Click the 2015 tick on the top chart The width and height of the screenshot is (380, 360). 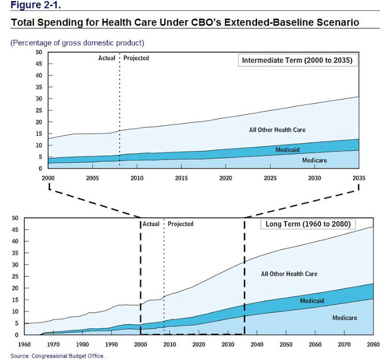[x=181, y=178]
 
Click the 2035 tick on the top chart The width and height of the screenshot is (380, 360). [x=359, y=178]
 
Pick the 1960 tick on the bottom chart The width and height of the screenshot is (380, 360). [x=26, y=344]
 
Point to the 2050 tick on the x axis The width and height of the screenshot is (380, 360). [x=286, y=344]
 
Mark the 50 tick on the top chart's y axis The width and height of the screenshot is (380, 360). [x=39, y=52]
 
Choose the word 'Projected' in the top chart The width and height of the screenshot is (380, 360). [x=137, y=58]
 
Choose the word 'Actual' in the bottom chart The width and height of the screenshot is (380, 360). [x=151, y=224]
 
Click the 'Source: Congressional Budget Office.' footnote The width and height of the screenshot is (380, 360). [x=58, y=355]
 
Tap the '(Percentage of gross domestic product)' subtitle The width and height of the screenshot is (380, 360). [x=77, y=43]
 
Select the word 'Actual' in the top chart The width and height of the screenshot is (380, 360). [x=107, y=58]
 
